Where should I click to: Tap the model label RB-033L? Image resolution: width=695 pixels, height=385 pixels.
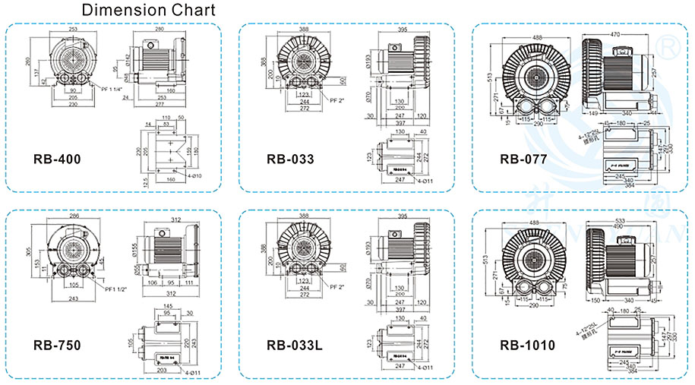tap(295, 346)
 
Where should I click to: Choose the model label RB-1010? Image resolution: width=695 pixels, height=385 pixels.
tap(527, 346)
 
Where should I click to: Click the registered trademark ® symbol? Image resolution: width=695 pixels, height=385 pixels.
tap(669, 47)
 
